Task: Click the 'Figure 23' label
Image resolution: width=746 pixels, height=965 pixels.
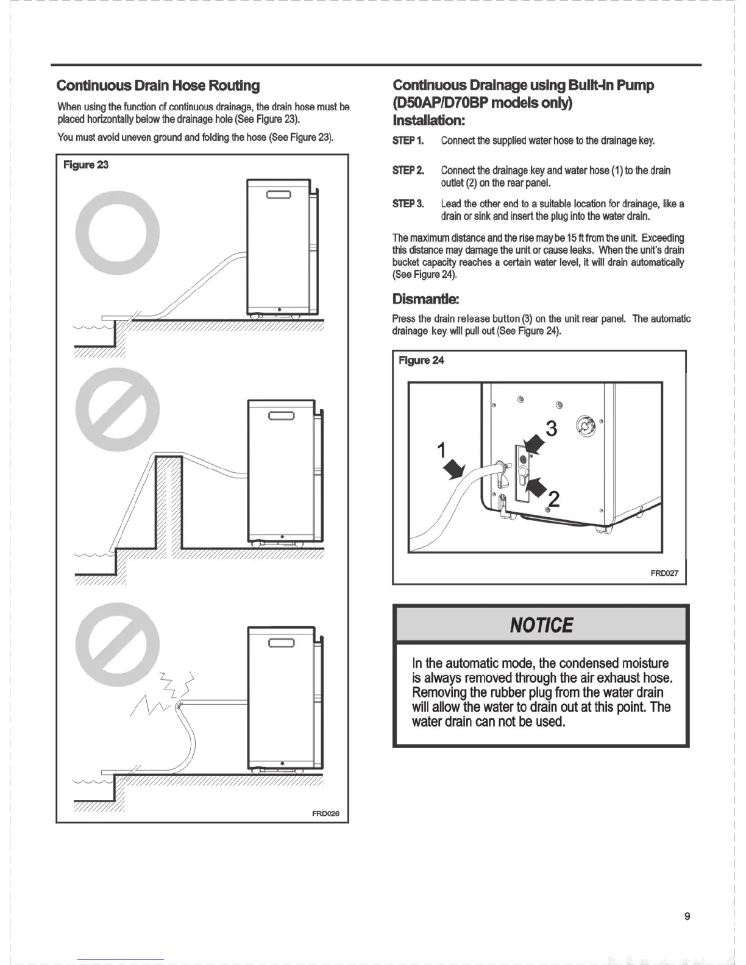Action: coord(86,164)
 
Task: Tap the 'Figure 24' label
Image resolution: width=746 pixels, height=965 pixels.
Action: coord(421,360)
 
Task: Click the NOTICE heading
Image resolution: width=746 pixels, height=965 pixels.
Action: coord(541,625)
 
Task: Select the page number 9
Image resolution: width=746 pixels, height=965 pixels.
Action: coord(687,916)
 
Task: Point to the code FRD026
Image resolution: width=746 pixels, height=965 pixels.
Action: coord(325,813)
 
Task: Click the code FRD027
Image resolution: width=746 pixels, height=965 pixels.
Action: coord(664,573)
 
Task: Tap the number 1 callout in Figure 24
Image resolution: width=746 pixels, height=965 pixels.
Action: coord(442,450)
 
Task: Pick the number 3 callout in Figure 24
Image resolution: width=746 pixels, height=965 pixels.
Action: coord(552,429)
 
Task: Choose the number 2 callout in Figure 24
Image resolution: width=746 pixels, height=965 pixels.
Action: coord(553,500)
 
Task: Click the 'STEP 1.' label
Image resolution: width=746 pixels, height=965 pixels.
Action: coord(408,141)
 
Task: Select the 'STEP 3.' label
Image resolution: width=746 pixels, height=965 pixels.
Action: coord(408,203)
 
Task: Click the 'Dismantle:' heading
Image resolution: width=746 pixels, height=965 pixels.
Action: coord(425,299)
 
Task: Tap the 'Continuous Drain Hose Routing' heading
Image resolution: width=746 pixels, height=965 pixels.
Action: coord(158,85)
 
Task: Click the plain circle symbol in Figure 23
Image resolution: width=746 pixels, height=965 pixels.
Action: coord(118,233)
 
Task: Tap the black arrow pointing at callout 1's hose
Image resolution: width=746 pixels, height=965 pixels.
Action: coord(454,470)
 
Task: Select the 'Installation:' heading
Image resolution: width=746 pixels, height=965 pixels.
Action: coord(428,119)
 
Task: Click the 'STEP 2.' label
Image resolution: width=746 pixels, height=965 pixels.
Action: coord(408,170)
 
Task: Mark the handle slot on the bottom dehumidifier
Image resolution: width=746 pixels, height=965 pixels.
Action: coord(282,643)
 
